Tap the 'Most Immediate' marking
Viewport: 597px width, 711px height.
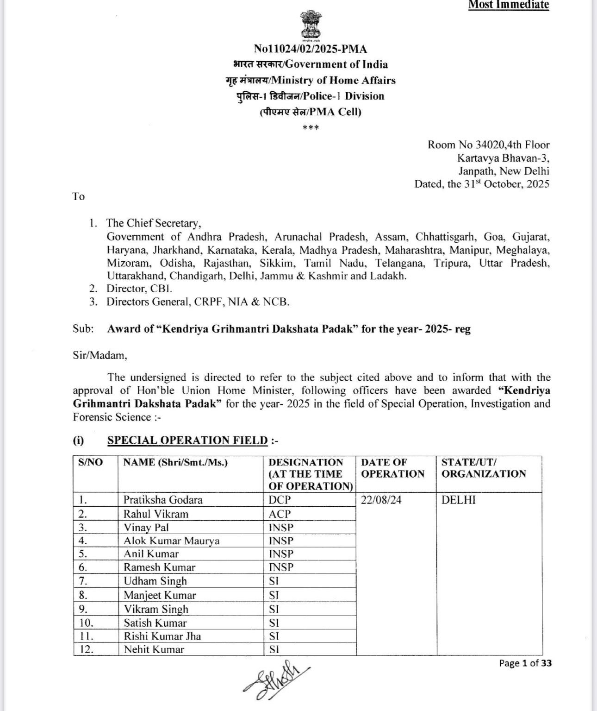[509, 5]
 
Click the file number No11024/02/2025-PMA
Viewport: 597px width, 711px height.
[311, 49]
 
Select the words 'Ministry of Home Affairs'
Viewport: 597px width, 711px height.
[334, 81]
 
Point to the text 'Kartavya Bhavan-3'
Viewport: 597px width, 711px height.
[504, 158]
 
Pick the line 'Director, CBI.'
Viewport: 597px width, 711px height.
[139, 289]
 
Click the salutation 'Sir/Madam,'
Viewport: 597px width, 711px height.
[99, 356]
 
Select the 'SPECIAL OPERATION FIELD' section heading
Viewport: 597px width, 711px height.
[187, 440]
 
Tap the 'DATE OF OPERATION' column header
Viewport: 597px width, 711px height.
[392, 468]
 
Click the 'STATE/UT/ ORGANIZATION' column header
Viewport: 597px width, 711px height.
[484, 468]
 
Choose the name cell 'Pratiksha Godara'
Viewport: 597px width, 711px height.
[163, 500]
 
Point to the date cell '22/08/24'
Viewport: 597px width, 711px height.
[381, 500]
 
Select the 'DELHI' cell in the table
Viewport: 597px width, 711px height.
[459, 500]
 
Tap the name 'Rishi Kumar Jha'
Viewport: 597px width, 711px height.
[162, 636]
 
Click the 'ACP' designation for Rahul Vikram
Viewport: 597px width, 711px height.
[280, 514]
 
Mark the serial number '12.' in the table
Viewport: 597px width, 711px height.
[87, 649]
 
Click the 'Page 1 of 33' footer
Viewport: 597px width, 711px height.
[525, 663]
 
